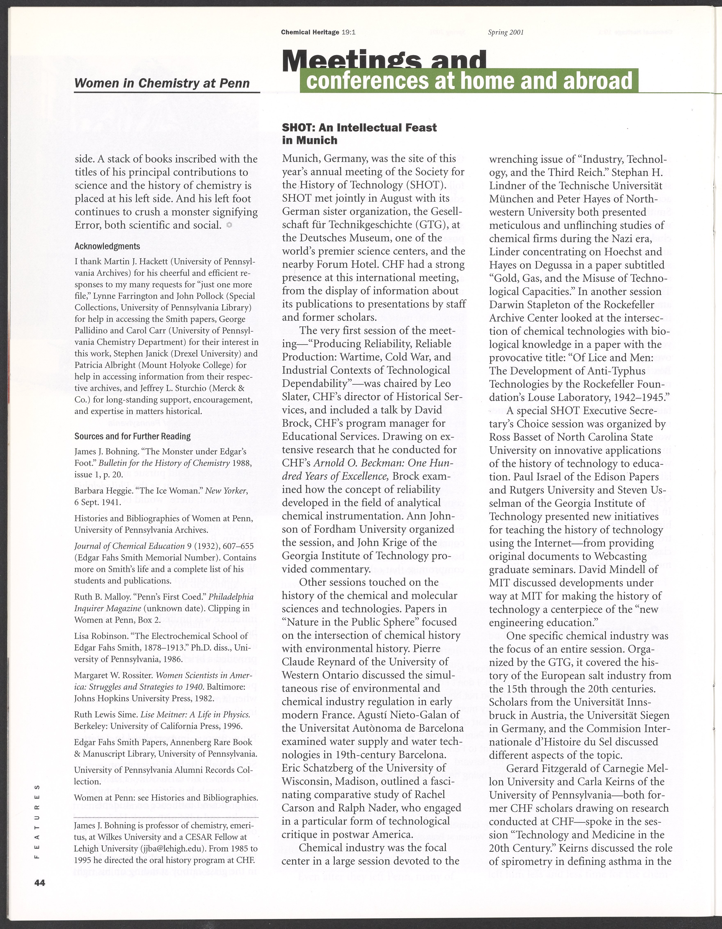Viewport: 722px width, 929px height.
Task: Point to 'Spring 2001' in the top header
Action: [x=506, y=32]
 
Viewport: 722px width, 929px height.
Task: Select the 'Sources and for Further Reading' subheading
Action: [x=132, y=436]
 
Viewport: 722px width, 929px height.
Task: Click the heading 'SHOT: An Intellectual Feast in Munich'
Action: [x=359, y=134]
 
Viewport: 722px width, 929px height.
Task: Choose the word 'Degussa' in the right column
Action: [x=563, y=265]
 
